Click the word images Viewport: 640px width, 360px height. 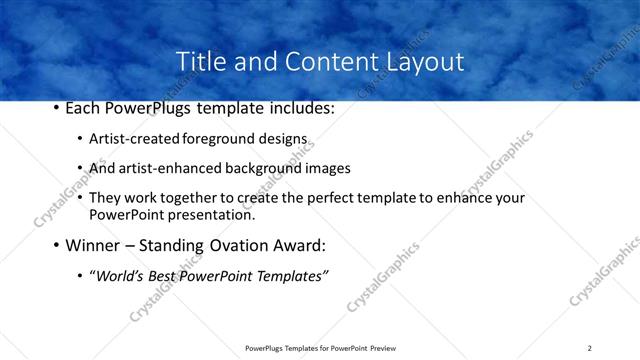click(x=326, y=168)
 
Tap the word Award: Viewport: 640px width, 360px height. click(x=297, y=245)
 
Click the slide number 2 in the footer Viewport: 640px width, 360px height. click(x=589, y=347)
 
